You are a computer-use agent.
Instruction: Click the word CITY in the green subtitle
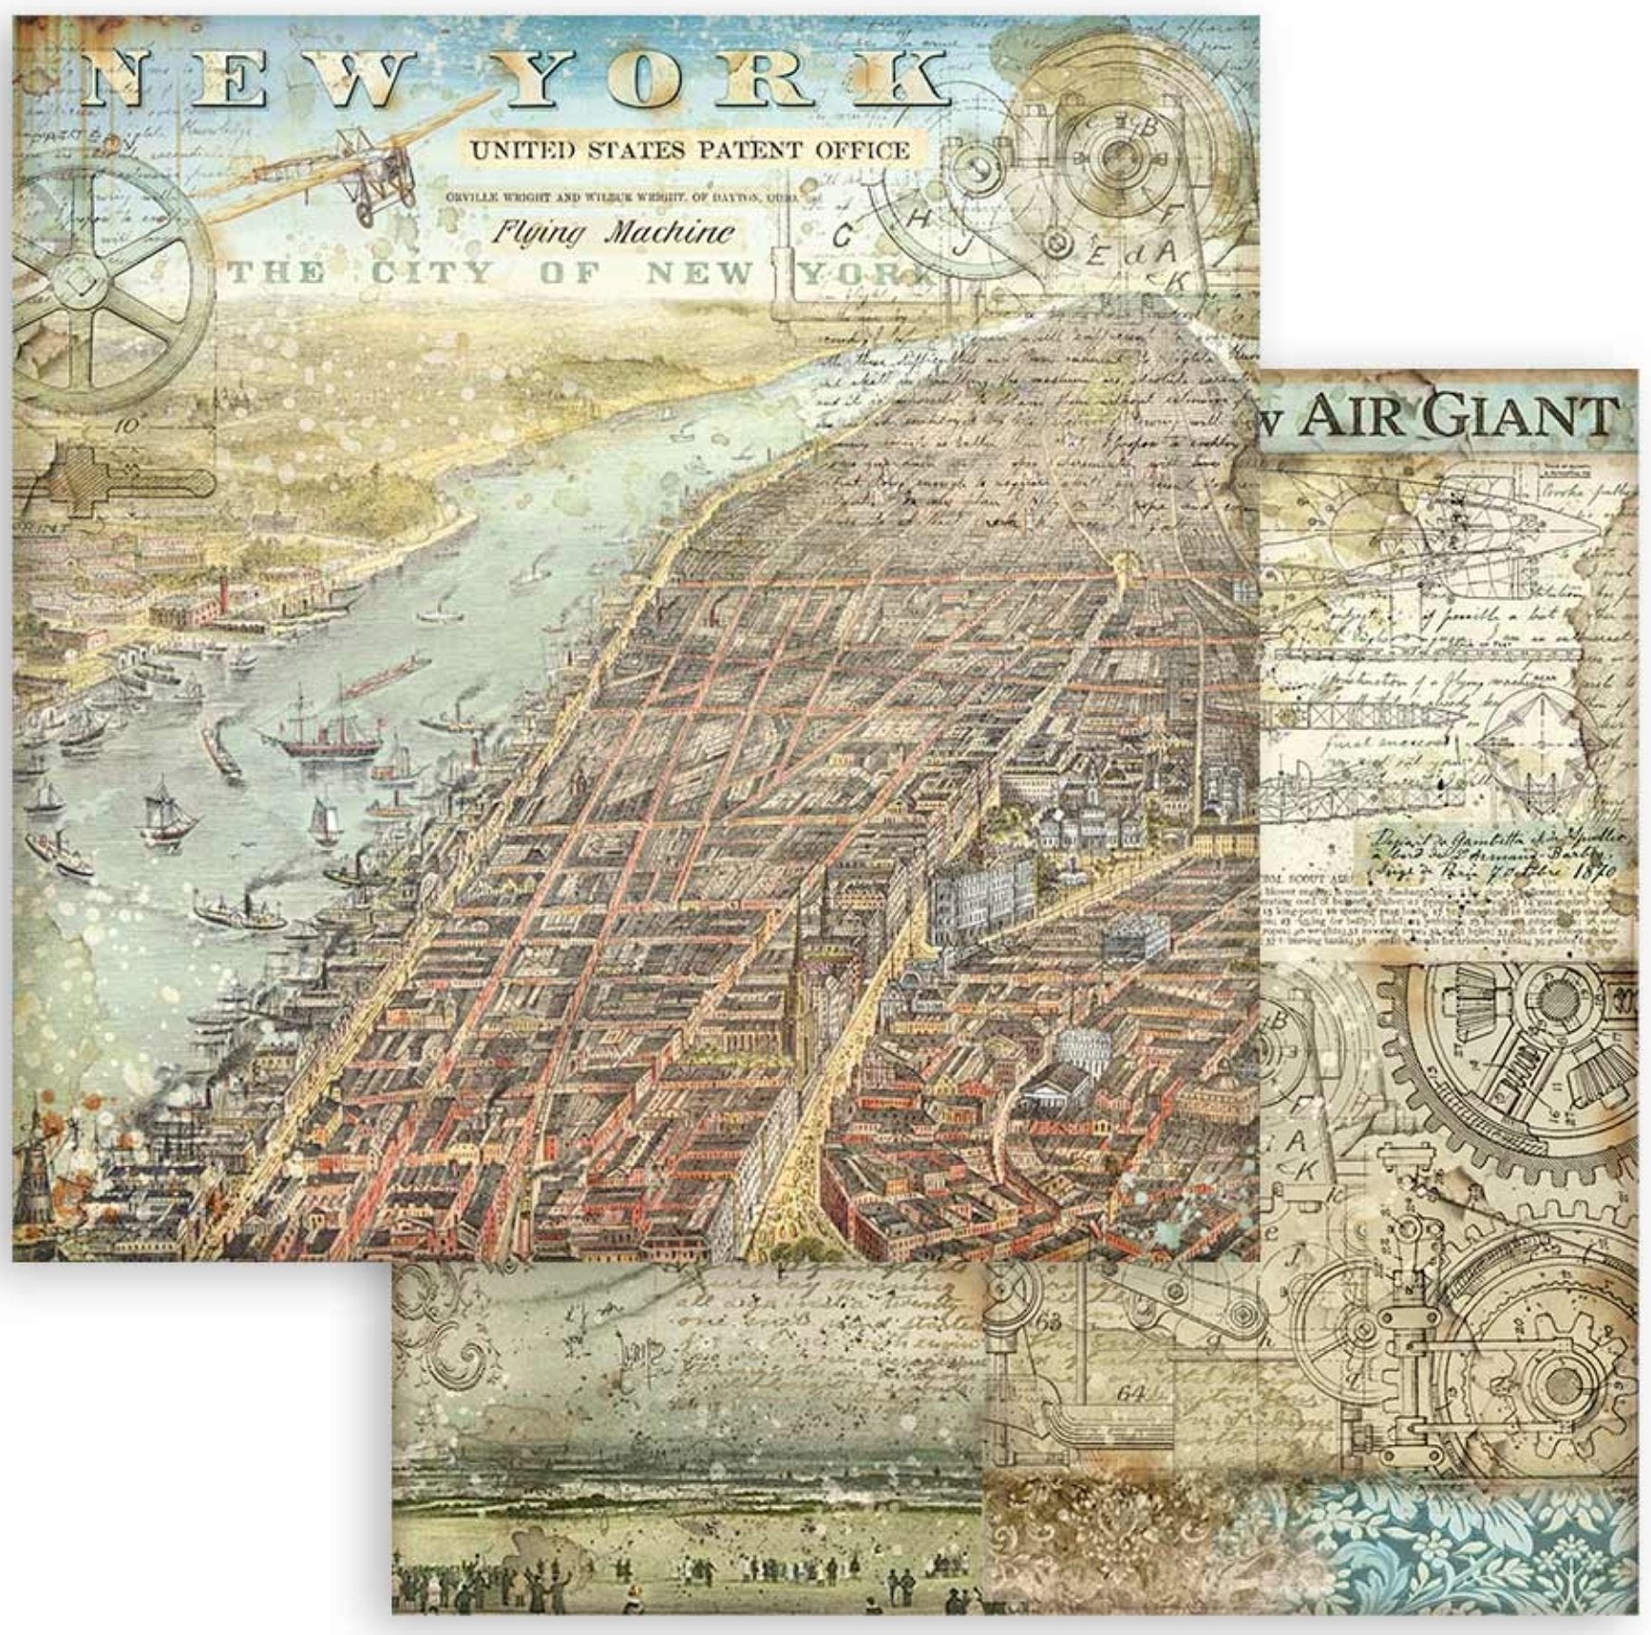coord(431,274)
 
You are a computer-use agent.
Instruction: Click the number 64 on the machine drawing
coord(1130,1394)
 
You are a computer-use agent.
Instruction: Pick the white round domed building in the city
coord(1083,1047)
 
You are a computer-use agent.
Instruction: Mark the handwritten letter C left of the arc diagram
coord(842,236)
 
